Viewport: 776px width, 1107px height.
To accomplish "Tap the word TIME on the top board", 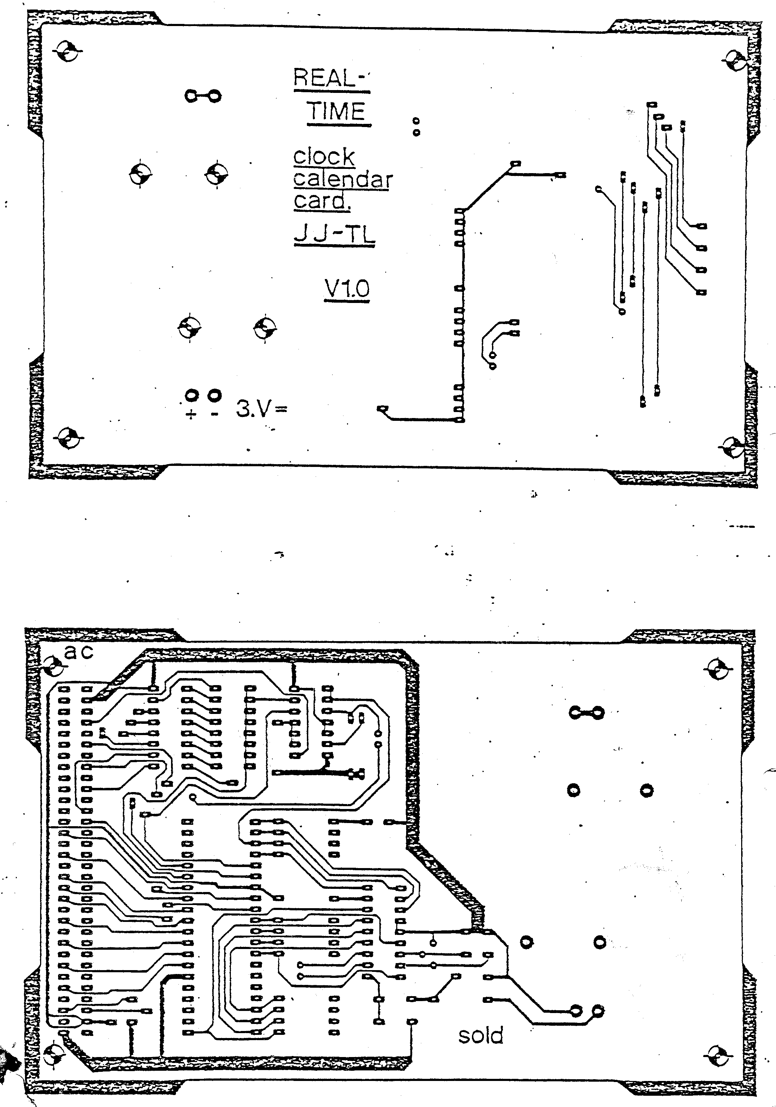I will pyautogui.click(x=337, y=112).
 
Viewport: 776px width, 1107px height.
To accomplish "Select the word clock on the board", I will pyautogui.click(x=324, y=157).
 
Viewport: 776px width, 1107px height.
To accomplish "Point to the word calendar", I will pyautogui.click(x=342, y=179).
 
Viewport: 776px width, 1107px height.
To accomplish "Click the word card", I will pyautogui.click(x=321, y=201).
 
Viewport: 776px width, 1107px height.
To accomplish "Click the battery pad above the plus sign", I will pyautogui.click(x=192, y=396).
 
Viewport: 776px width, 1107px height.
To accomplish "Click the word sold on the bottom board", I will pyautogui.click(x=480, y=1035).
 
